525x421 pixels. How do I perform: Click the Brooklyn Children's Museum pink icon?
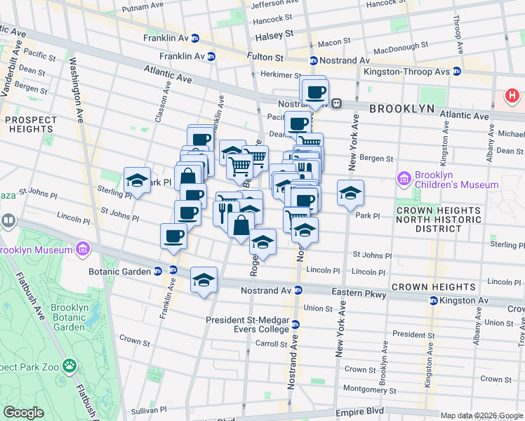(x=404, y=179)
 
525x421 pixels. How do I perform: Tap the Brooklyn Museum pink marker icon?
(x=83, y=249)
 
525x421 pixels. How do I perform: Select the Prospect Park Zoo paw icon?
(x=69, y=366)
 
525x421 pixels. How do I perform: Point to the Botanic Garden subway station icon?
(x=158, y=272)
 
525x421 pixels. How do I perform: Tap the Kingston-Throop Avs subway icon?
(x=457, y=71)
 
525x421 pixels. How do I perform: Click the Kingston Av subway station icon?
(x=434, y=300)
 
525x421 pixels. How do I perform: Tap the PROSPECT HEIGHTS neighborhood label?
(x=31, y=124)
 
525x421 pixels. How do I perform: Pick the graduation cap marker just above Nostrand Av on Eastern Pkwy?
(x=204, y=281)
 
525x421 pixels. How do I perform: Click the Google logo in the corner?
(x=24, y=413)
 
